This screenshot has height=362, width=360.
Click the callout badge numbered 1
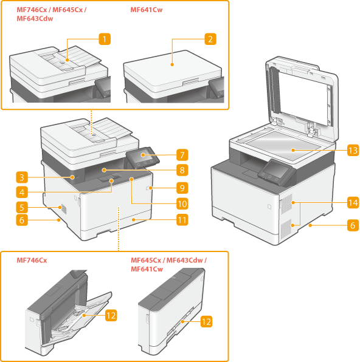pyautogui.click(x=105, y=39)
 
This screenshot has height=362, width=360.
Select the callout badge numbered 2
pyautogui.click(x=210, y=39)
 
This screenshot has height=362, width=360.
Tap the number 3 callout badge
pyautogui.click(x=22, y=177)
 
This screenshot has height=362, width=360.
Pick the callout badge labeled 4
pyautogui.click(x=22, y=192)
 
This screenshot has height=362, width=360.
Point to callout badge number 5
pyautogui.click(x=22, y=207)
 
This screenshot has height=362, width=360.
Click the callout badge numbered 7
pyautogui.click(x=182, y=155)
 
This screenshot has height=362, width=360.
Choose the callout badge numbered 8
pyautogui.click(x=182, y=170)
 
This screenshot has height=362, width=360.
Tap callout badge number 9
pyautogui.click(x=182, y=188)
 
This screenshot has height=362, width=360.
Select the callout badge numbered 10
pyautogui.click(x=182, y=203)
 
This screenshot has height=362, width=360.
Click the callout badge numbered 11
pyautogui.click(x=182, y=219)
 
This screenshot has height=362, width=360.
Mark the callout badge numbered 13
pyautogui.click(x=353, y=150)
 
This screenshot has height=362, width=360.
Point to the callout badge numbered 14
pyautogui.click(x=353, y=202)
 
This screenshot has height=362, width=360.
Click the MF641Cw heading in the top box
pyautogui.click(x=147, y=10)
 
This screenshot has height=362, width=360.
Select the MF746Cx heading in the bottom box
pyautogui.click(x=32, y=260)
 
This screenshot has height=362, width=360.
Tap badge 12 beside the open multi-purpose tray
pyautogui.click(x=111, y=315)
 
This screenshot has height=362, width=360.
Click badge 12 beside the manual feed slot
pyautogui.click(x=206, y=321)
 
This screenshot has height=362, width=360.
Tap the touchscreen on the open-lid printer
pyautogui.click(x=276, y=169)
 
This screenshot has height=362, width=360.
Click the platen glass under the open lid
pyautogui.click(x=282, y=145)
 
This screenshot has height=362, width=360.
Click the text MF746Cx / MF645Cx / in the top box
pyautogui.click(x=51, y=10)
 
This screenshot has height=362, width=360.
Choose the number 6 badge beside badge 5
pyautogui.click(x=22, y=220)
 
